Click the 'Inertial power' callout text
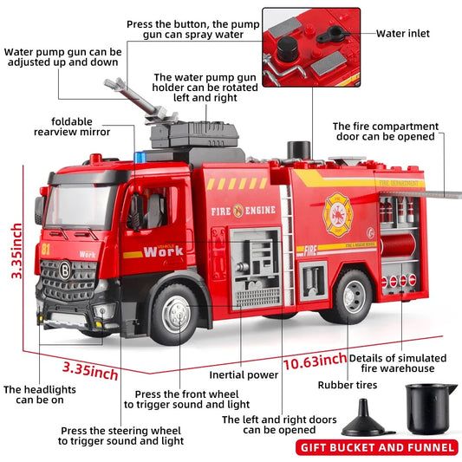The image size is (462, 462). click(x=244, y=375)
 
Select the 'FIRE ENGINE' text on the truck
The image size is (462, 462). click(x=242, y=210)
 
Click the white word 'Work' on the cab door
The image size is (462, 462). click(x=164, y=251)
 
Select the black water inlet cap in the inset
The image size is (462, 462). click(x=332, y=34)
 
